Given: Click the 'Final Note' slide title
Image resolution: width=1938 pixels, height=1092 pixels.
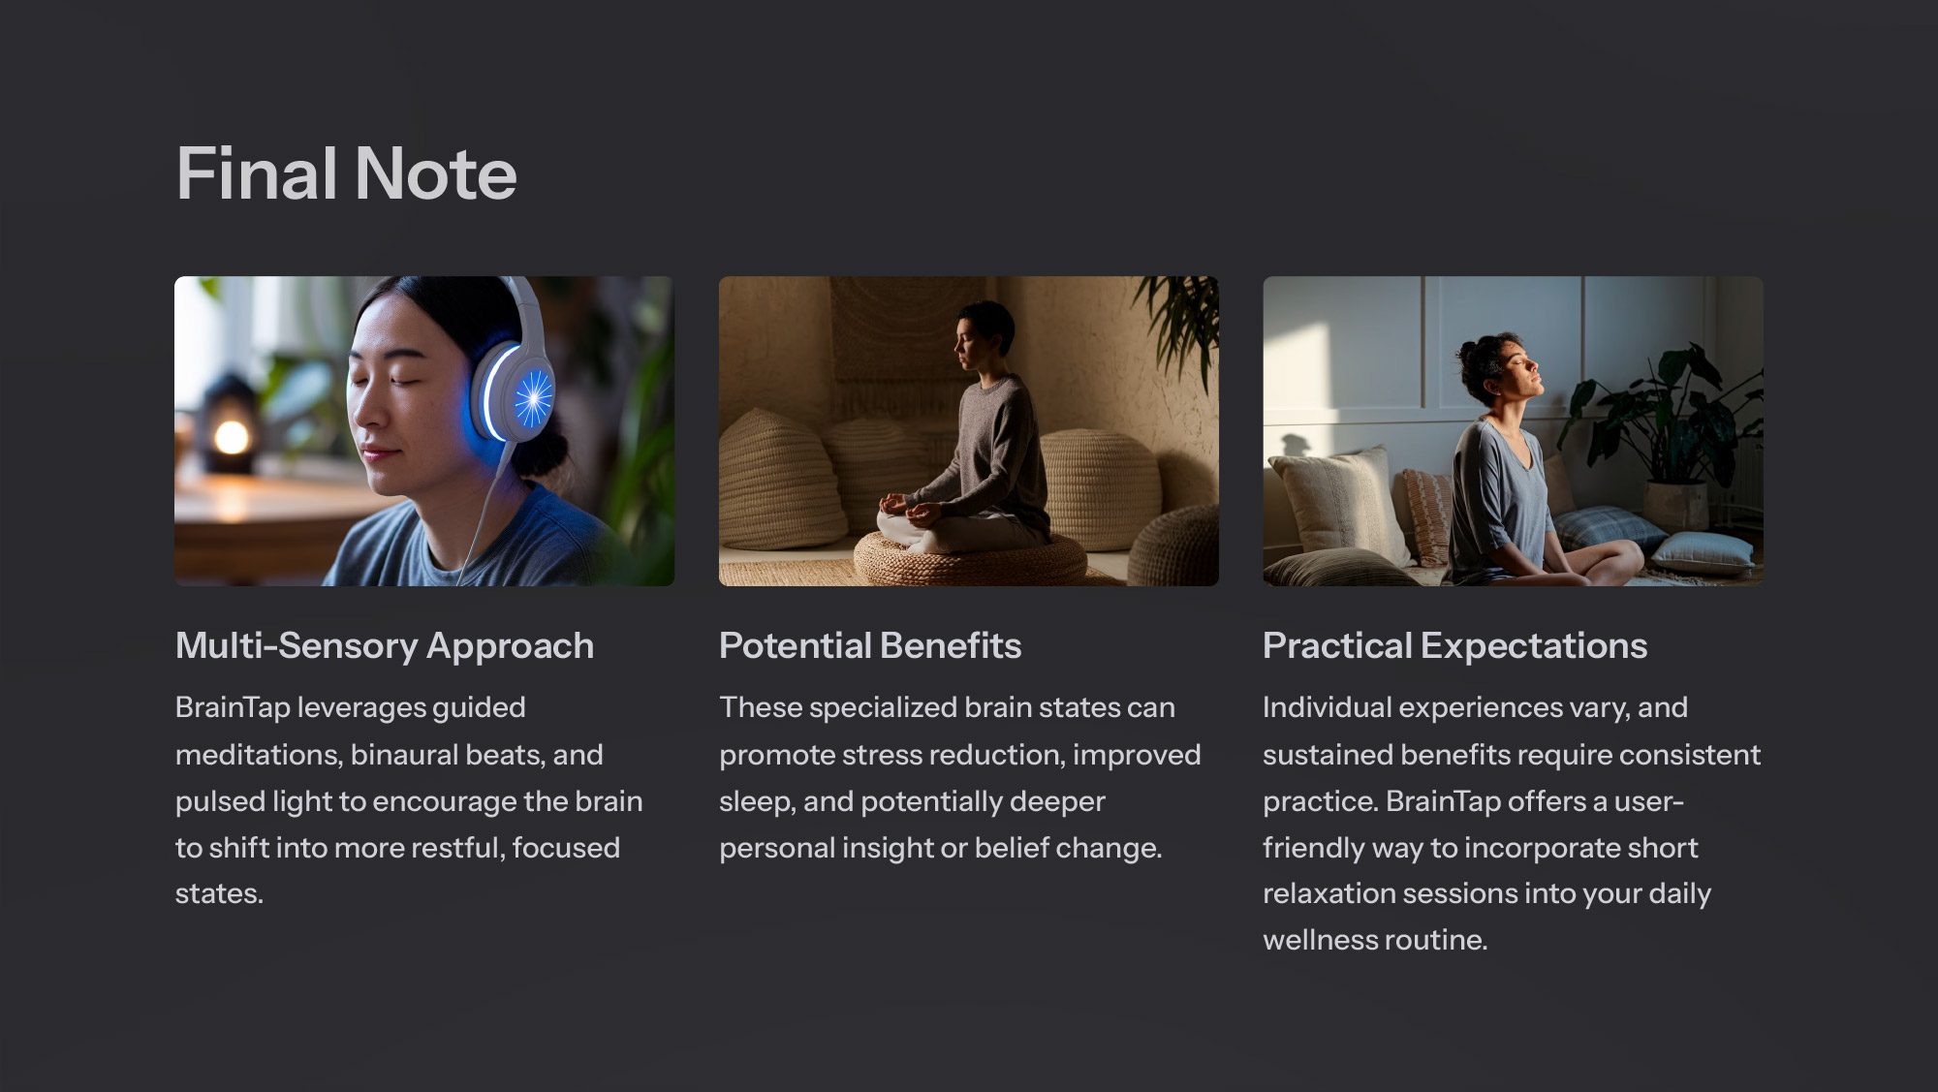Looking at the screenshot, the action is (x=346, y=173).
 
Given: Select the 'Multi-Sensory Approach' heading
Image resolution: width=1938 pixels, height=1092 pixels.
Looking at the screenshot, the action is (x=385, y=646).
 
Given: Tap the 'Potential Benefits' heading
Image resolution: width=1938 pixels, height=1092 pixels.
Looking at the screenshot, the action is (x=870, y=646).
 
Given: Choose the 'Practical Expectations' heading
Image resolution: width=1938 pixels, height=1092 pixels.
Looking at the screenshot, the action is (x=1454, y=646).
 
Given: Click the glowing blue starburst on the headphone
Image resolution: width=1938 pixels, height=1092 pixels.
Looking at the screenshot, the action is (x=532, y=398).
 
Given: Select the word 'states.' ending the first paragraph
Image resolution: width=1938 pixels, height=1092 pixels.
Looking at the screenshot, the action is (x=219, y=893).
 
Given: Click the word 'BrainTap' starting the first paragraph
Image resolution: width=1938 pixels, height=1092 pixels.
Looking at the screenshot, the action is (x=233, y=708).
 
